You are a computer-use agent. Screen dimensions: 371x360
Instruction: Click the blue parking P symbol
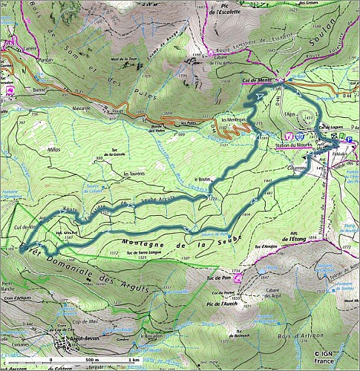click(x=350, y=138)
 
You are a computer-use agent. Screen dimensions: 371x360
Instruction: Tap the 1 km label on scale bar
click(x=134, y=360)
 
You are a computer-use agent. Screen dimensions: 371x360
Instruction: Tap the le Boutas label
click(x=202, y=180)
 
